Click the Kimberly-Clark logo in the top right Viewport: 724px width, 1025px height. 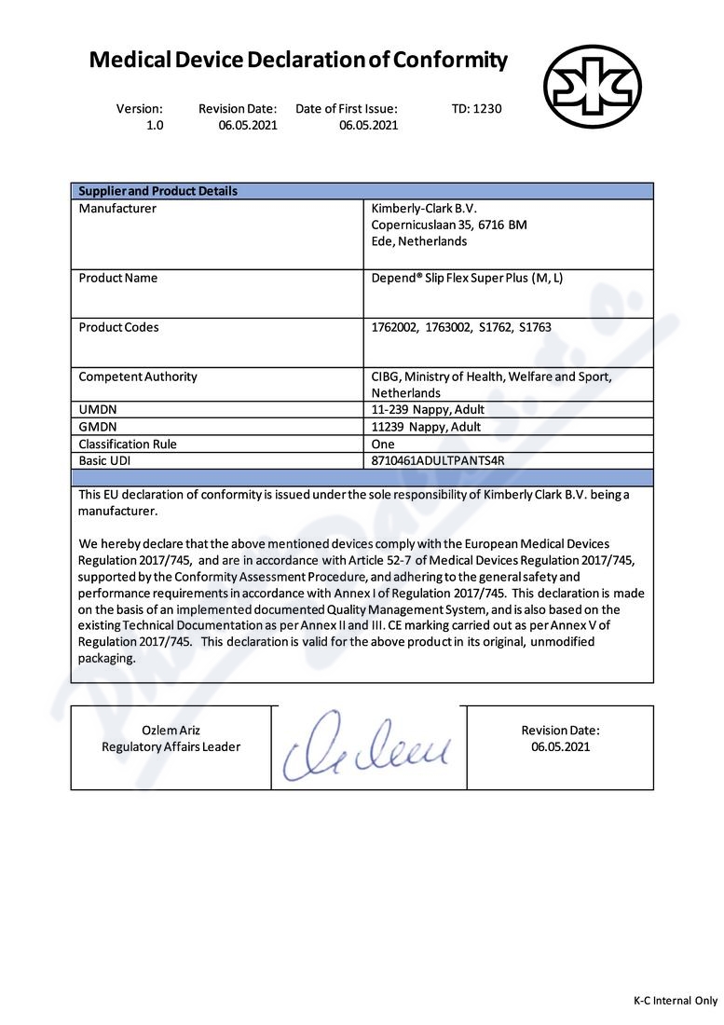(605, 87)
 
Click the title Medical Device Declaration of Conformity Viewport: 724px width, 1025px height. (298, 61)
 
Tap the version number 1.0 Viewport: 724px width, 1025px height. (154, 125)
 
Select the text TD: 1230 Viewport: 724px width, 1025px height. (476, 108)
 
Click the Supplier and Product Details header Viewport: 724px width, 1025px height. (157, 191)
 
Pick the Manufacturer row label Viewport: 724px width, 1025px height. (117, 209)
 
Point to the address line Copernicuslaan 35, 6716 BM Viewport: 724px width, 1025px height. (449, 225)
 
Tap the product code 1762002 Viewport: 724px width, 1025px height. (394, 327)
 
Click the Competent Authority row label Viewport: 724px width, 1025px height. (138, 376)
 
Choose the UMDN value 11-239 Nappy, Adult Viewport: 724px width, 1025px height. (428, 409)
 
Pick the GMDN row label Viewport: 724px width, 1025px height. (98, 427)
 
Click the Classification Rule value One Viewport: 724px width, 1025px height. (383, 444)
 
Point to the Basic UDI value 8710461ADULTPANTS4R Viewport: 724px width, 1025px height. (437, 460)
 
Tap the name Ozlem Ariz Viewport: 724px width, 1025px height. (171, 730)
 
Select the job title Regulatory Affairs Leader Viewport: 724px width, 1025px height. (171, 746)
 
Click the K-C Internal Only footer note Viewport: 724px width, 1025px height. (676, 1001)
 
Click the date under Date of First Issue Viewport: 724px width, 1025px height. (368, 125)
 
